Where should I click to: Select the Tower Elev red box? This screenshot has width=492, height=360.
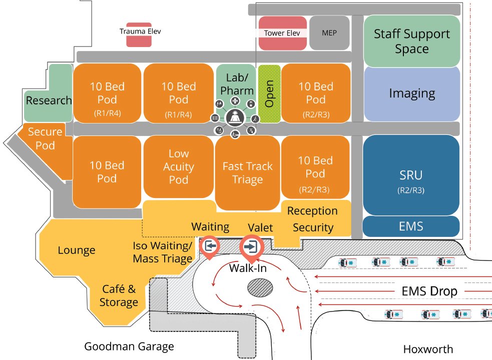282,33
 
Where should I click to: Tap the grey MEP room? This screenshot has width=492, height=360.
329,33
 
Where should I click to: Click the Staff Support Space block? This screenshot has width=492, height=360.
411,41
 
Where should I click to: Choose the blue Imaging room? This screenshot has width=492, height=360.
411,93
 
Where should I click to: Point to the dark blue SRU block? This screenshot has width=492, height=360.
411,175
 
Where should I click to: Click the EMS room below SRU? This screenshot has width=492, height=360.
411,226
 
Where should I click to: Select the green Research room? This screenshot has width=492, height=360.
49,100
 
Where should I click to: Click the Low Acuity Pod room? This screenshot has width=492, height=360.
178,166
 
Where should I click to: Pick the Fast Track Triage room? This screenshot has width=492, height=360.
247,172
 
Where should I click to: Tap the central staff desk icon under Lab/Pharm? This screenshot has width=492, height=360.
234,118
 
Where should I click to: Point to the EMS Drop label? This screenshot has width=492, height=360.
429,291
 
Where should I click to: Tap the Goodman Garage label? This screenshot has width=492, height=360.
129,346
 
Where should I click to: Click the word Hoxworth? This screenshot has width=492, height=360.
428,348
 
